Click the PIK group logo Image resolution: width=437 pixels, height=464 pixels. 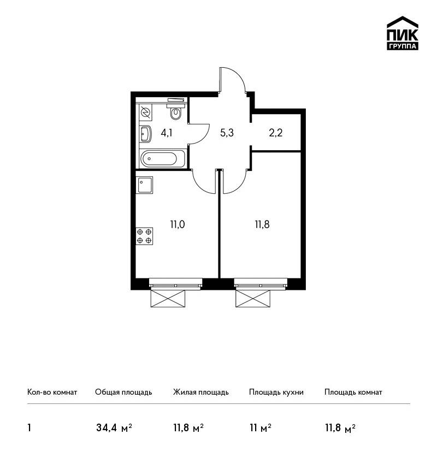click(x=403, y=33)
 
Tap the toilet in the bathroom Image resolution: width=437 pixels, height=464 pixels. click(x=176, y=111)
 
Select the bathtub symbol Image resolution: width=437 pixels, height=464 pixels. click(x=163, y=158)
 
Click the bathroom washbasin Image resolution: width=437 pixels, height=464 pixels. click(x=145, y=134)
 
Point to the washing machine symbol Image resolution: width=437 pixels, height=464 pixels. click(x=145, y=112)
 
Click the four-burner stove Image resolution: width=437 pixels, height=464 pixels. click(x=144, y=236)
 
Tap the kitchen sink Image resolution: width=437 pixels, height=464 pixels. click(x=144, y=185)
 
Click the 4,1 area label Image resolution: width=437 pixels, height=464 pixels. click(x=167, y=133)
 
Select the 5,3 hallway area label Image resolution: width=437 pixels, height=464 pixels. click(x=227, y=133)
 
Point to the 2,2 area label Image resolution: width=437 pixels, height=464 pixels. click(x=276, y=133)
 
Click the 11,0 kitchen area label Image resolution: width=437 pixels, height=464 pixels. click(x=178, y=224)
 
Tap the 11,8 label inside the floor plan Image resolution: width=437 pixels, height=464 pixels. click(x=262, y=224)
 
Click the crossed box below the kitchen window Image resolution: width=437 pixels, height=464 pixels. click(x=168, y=299)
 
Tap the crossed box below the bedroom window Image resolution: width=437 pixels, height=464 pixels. click(x=253, y=299)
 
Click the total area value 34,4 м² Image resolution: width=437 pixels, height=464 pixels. click(x=114, y=427)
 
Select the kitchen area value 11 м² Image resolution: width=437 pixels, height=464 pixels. click(x=261, y=427)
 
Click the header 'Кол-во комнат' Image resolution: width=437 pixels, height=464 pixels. click(x=52, y=392)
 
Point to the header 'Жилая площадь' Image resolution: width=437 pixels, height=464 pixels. click(x=201, y=392)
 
